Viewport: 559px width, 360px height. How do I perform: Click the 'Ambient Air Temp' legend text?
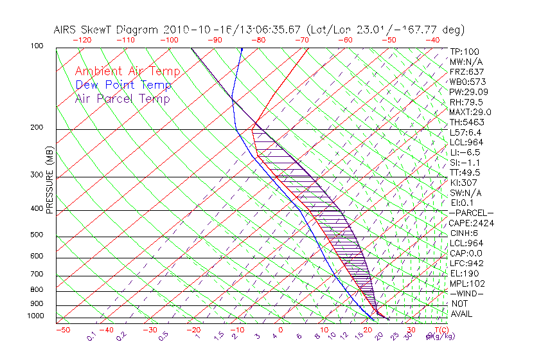click(127, 71)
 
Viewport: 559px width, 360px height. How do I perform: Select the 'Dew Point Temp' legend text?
click(123, 85)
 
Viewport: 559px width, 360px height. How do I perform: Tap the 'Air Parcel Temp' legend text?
click(123, 98)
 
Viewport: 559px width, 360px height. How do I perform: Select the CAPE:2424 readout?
click(471, 223)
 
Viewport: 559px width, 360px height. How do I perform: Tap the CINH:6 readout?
click(464, 233)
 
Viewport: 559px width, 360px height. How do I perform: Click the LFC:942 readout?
click(466, 264)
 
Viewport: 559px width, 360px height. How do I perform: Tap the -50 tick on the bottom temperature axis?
click(62, 330)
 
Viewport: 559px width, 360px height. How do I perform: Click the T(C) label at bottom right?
click(443, 330)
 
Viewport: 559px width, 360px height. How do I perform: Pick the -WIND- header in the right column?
click(466, 294)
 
